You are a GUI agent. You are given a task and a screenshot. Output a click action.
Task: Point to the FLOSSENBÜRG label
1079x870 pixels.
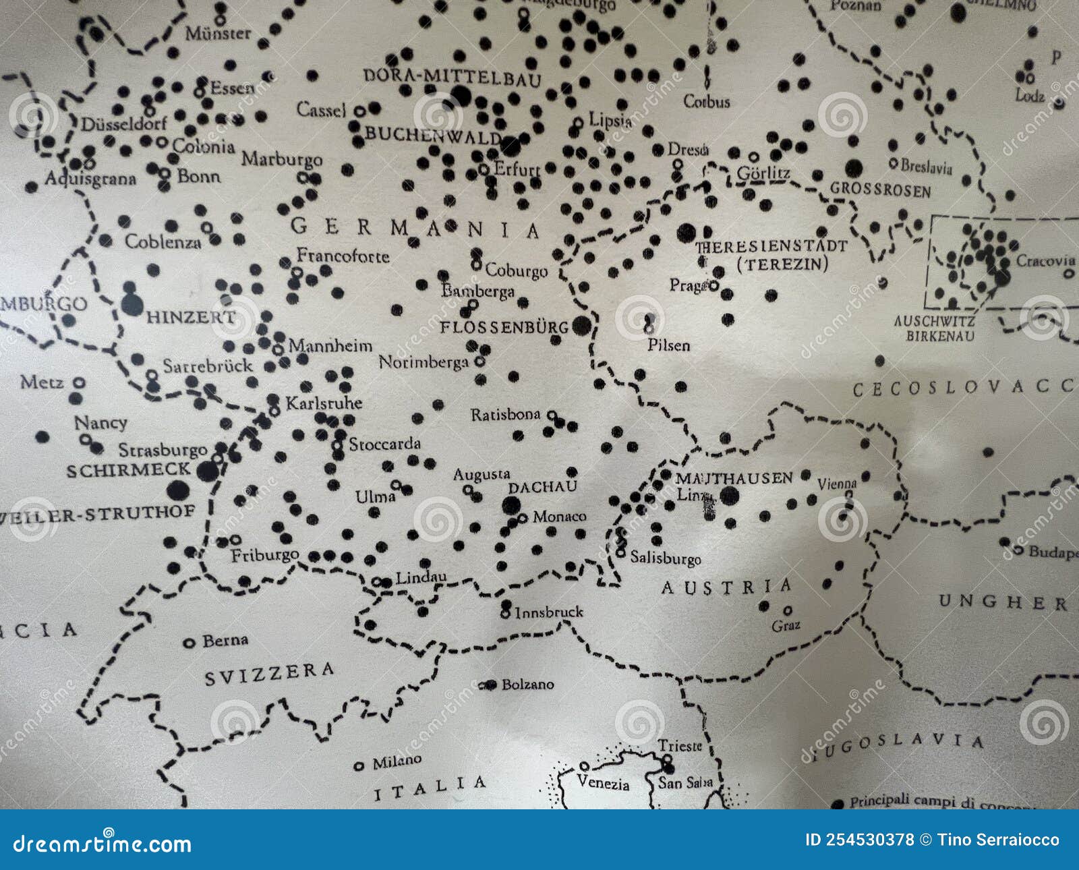tap(504, 327)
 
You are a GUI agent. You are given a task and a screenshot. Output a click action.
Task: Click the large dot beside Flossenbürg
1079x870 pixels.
tap(581, 326)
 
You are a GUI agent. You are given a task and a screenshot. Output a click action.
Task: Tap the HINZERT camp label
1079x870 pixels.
tap(191, 317)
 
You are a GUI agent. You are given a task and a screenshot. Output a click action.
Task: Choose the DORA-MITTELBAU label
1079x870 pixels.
tap(453, 77)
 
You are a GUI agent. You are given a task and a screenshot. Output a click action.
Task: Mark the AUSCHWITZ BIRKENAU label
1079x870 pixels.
tap(934, 328)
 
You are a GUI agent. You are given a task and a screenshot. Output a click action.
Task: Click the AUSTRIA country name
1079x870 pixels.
tap(726, 587)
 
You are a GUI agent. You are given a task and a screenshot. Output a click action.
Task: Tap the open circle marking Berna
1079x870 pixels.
tap(189, 643)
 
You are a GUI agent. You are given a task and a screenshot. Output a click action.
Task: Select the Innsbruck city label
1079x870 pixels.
tap(548, 612)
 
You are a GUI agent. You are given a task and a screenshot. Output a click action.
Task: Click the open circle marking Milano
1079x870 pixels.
tap(359, 765)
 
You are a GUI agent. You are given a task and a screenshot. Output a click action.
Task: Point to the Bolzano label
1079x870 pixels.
tap(527, 685)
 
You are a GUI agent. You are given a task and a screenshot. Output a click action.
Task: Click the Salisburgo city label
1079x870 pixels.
tap(666, 558)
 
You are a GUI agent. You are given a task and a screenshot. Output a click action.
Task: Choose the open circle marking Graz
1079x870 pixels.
tap(788, 610)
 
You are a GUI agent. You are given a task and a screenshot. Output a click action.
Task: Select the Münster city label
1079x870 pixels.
tap(218, 33)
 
